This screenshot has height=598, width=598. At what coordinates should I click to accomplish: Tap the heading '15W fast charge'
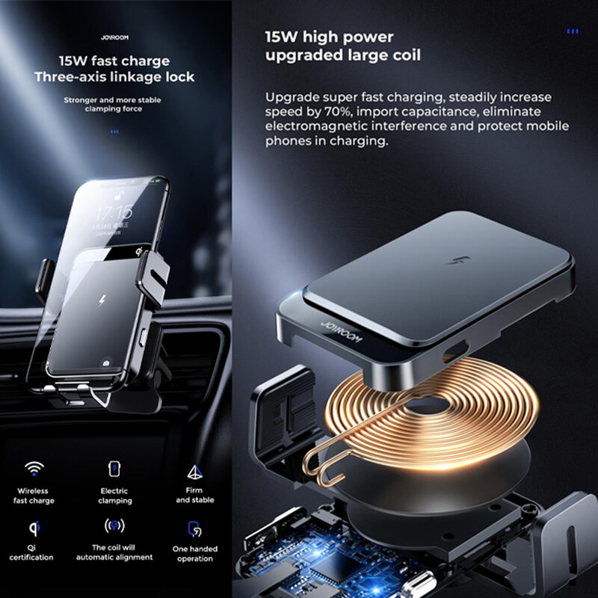coord(114,61)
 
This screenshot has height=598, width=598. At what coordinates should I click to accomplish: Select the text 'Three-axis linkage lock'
coord(114,77)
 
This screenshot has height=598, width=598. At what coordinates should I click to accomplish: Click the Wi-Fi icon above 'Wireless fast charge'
coord(34,469)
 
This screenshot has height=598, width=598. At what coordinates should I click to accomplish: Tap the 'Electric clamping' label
coord(114,496)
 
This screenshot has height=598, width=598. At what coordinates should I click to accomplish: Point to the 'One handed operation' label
coord(195,552)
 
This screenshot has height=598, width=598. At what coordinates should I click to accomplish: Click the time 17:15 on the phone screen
coord(114,212)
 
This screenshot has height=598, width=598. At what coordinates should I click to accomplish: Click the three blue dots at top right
coord(573,31)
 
